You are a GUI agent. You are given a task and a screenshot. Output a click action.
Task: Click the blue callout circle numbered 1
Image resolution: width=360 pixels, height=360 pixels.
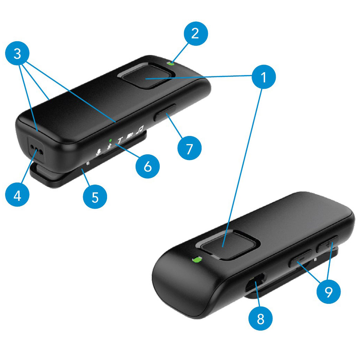tap(264, 77)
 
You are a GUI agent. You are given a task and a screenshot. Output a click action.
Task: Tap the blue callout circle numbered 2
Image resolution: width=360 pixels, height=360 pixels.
tap(196, 34)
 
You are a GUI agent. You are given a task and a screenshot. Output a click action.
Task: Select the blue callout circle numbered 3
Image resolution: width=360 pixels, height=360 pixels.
tap(17, 53)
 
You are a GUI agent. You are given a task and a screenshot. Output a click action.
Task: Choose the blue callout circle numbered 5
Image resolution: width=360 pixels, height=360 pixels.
tap(95, 197)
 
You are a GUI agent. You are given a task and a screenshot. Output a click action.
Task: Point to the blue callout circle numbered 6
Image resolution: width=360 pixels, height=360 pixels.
tap(148, 166)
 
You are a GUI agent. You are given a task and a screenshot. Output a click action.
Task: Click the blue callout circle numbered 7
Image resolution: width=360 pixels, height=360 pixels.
tap(190, 148)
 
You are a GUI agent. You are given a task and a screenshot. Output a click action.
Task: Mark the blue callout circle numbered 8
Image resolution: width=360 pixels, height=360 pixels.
tap(260, 319)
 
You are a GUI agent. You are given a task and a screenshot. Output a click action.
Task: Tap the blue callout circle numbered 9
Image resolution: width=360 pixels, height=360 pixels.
tap(329, 292)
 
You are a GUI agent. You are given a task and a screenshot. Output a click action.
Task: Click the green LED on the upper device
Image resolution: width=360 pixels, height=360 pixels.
tap(171, 63)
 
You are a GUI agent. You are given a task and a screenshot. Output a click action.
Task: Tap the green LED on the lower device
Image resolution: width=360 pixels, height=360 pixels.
tap(197, 259)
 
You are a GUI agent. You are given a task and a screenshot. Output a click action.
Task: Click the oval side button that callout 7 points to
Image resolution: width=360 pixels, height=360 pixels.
tap(165, 113)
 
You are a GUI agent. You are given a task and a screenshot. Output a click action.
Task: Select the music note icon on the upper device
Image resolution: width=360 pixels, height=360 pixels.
tap(140, 130)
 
